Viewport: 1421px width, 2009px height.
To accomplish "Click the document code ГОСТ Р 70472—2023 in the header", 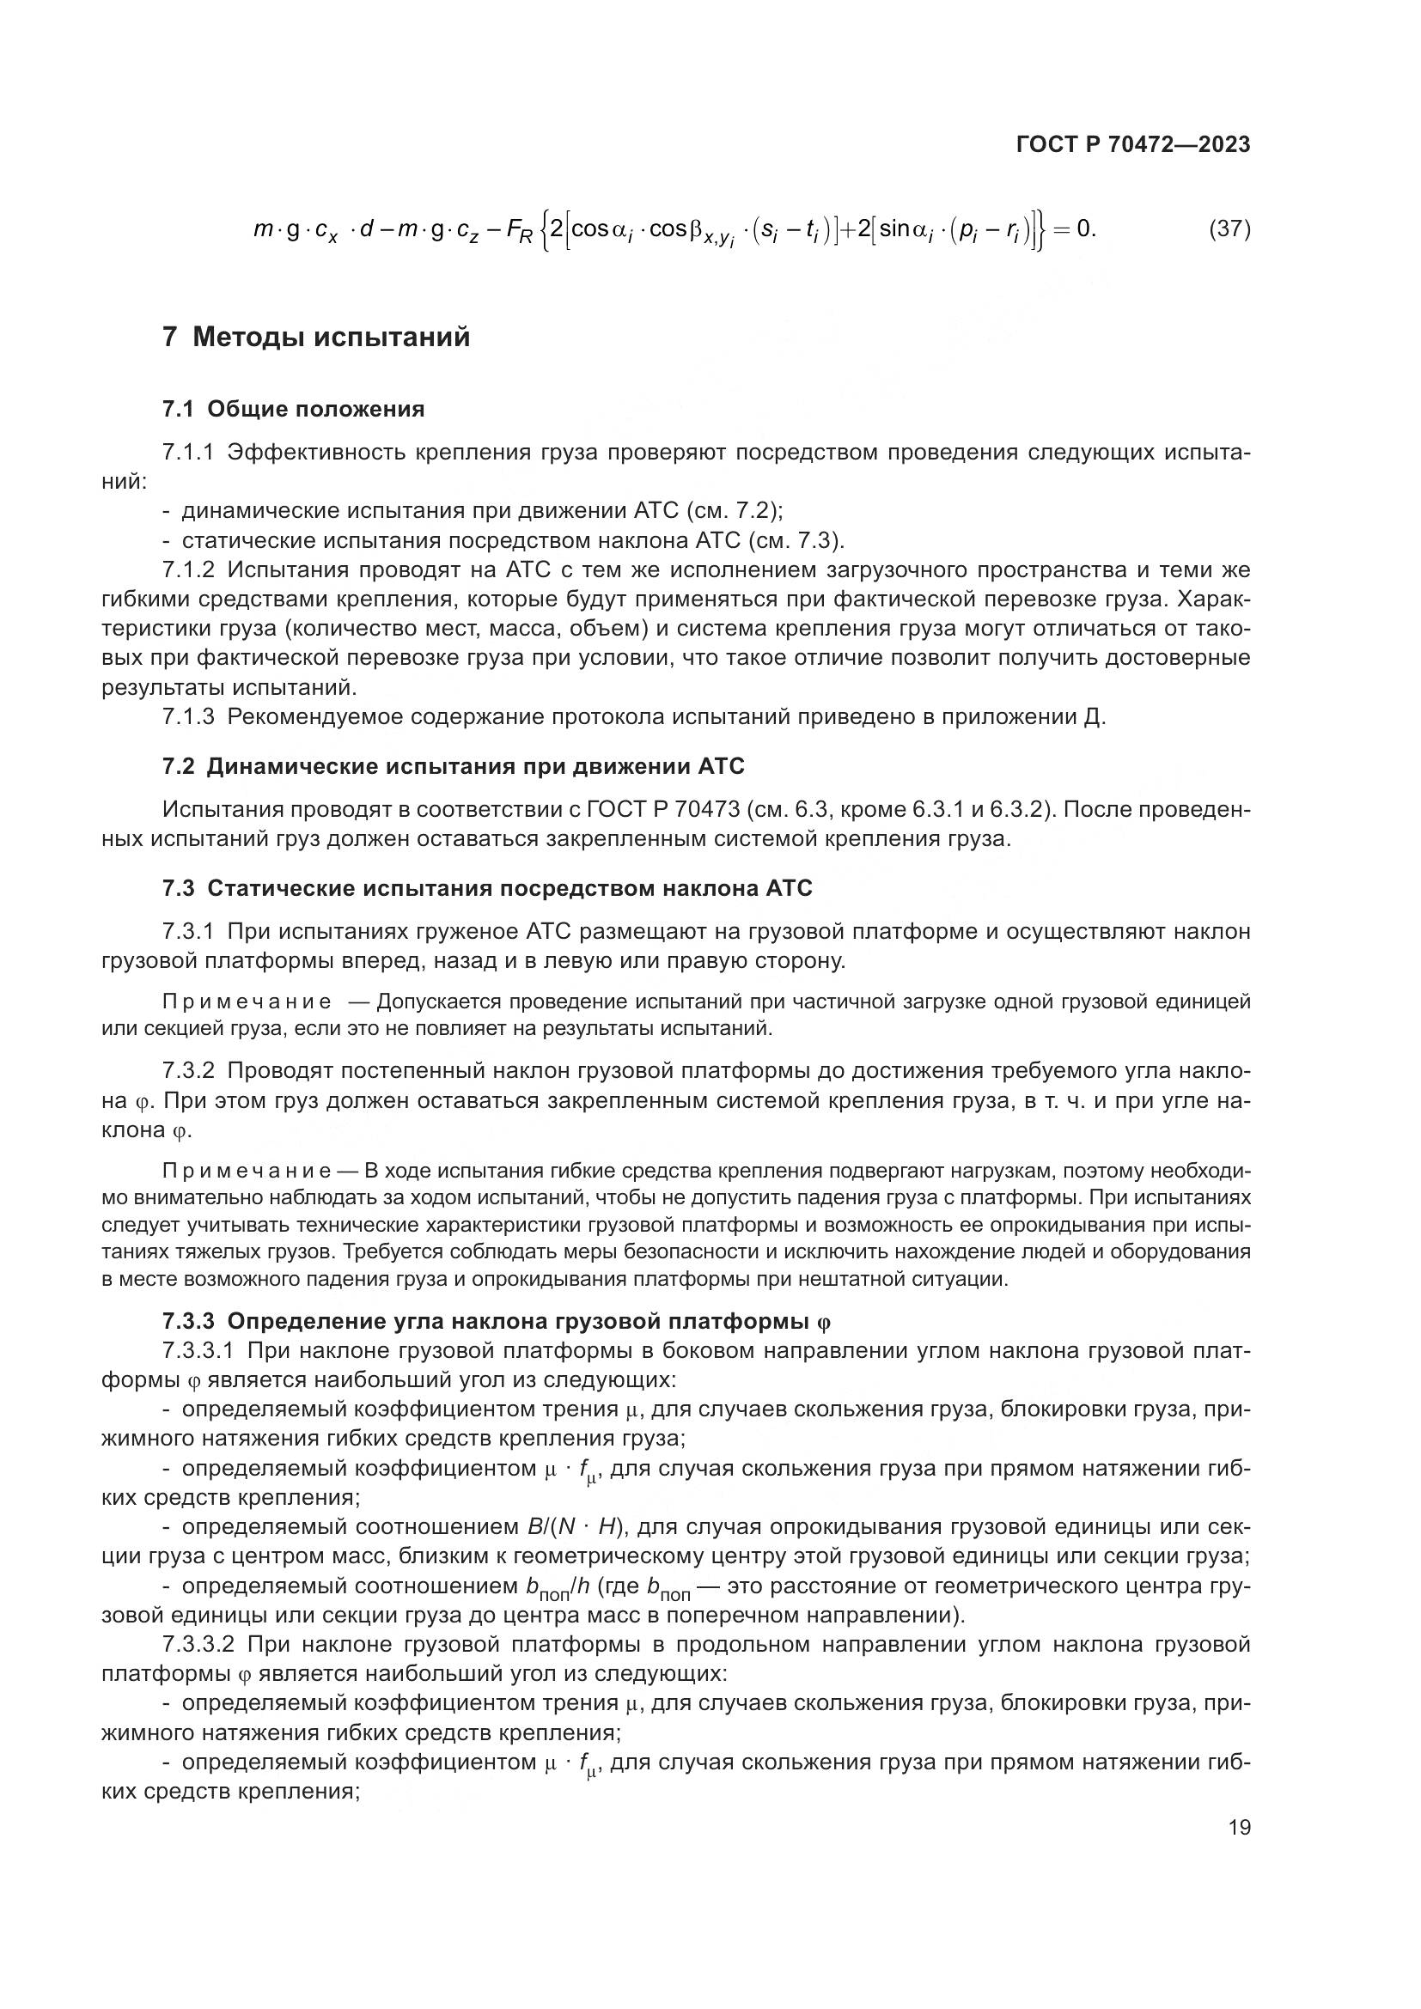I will (x=1133, y=145).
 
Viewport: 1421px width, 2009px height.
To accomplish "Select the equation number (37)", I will (x=1229, y=229).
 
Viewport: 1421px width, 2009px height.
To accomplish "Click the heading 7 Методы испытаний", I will (x=316, y=337).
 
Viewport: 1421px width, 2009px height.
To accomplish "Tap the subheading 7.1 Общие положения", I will (x=293, y=409).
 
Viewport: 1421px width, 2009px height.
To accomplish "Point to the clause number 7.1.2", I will (x=188, y=569).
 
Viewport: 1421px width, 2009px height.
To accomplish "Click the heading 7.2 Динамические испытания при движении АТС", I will (x=454, y=766).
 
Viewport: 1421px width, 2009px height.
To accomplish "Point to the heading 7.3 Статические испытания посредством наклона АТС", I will (x=487, y=888).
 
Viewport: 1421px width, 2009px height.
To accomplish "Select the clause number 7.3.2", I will (x=188, y=1071).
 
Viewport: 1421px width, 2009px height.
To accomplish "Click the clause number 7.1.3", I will (x=188, y=717).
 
